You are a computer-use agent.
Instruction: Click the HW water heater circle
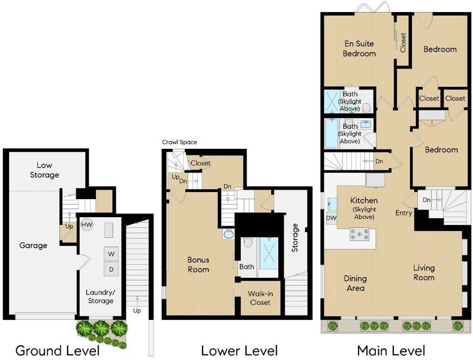(x=87, y=224)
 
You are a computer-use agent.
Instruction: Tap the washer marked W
(x=112, y=254)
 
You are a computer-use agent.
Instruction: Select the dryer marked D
(x=112, y=269)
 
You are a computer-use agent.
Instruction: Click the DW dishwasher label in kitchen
(x=332, y=218)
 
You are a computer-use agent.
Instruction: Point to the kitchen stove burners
(x=359, y=234)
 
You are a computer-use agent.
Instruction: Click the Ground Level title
(x=58, y=351)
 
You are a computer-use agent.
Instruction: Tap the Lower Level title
(x=239, y=351)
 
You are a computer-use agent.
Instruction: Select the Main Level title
(x=391, y=351)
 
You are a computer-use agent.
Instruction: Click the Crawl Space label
(x=179, y=142)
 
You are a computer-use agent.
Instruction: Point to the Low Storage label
(x=44, y=170)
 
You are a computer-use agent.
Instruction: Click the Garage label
(x=33, y=245)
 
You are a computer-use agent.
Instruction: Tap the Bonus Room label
(x=198, y=265)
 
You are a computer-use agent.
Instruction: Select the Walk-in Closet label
(x=260, y=298)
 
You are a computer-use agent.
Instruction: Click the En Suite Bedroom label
(x=359, y=49)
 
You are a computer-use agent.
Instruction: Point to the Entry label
(x=403, y=213)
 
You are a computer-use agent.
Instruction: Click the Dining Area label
(x=355, y=283)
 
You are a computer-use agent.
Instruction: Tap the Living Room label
(x=424, y=273)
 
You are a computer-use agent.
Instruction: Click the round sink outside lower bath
(x=228, y=234)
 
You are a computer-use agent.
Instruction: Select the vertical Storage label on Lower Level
(x=295, y=238)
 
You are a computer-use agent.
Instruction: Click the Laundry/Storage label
(x=101, y=296)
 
